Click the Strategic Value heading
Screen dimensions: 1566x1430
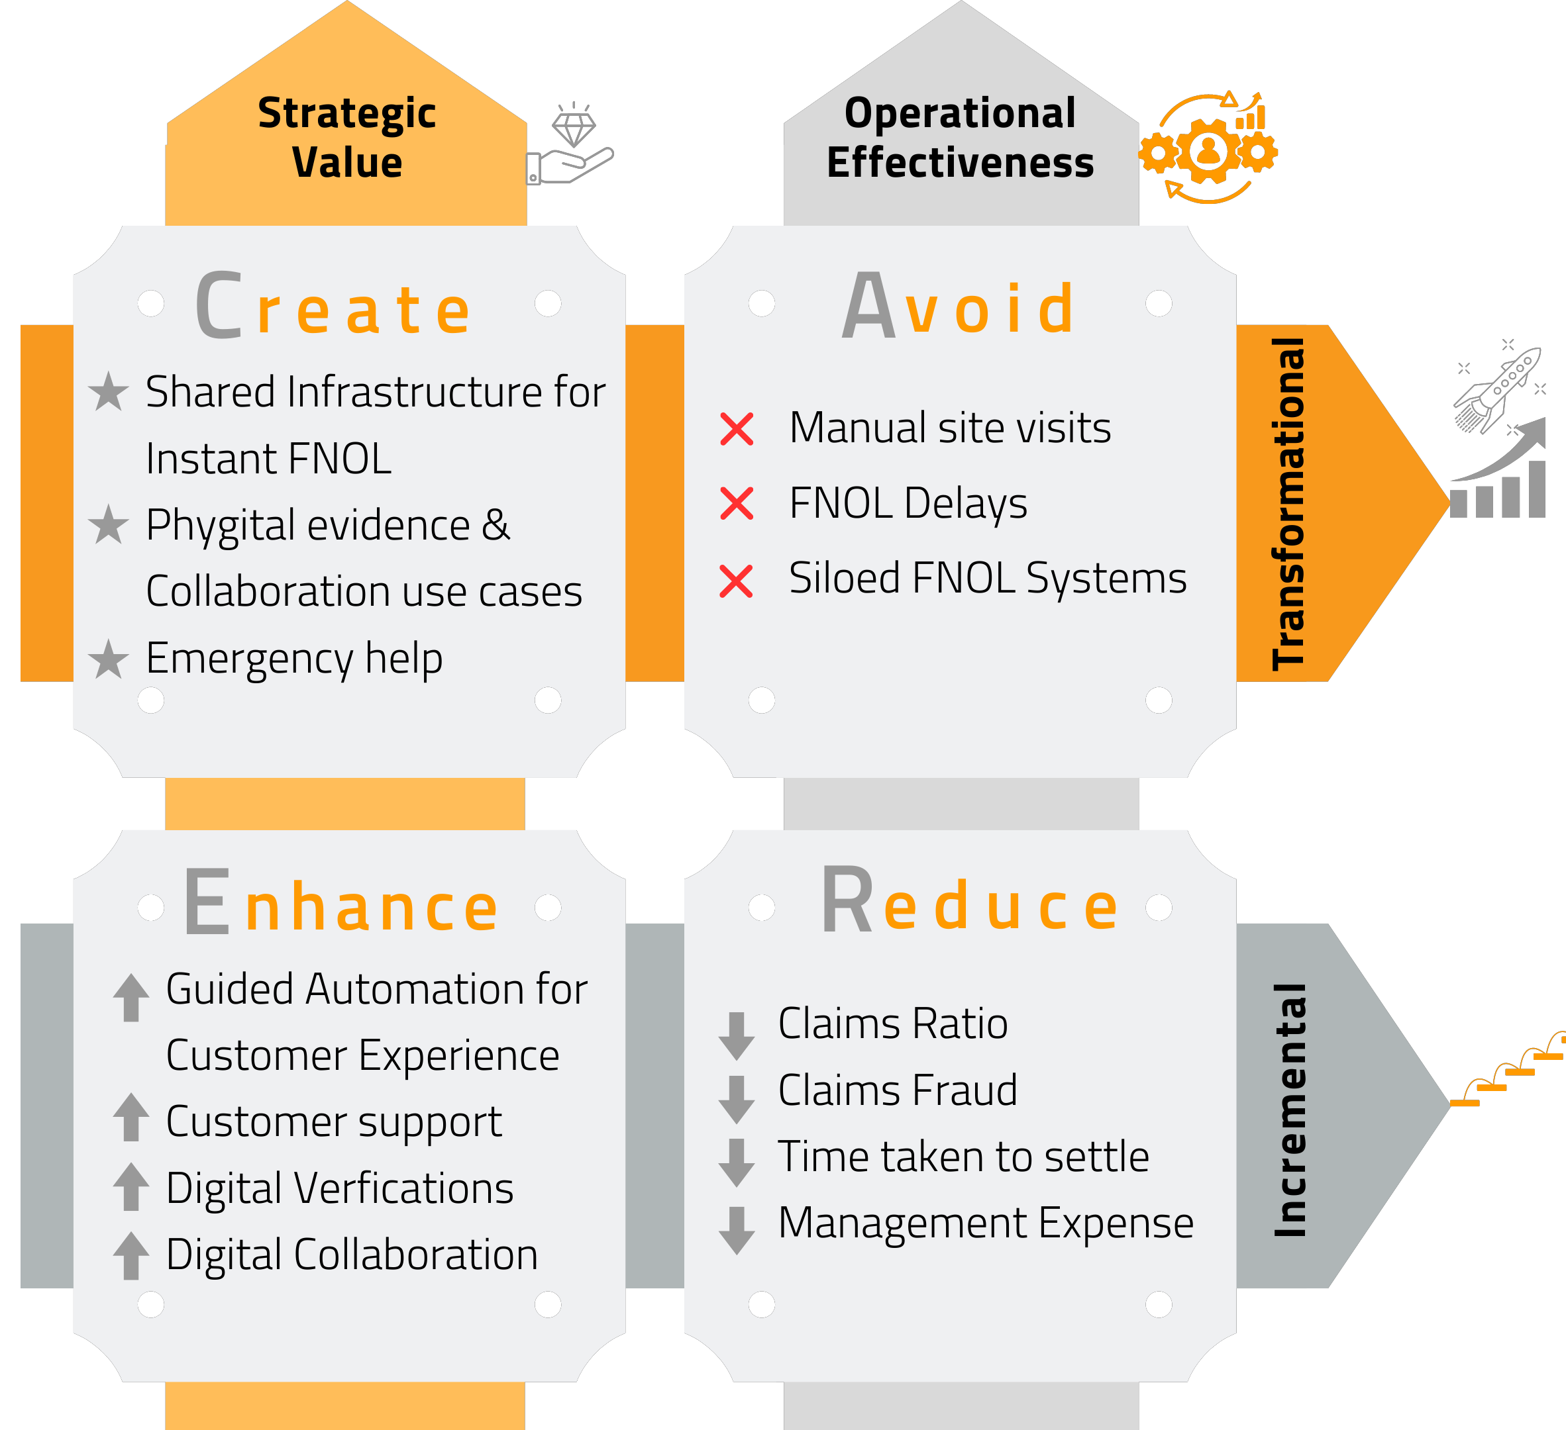click(346, 138)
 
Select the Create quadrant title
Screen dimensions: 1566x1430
click(333, 306)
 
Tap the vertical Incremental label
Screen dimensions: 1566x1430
click(1290, 1110)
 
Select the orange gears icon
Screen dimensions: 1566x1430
click(1208, 148)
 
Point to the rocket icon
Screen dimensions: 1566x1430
click(1498, 388)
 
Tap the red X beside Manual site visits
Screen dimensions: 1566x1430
click(737, 428)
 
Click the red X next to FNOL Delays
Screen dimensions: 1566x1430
click(737, 503)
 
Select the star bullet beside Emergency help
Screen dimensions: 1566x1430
click(109, 659)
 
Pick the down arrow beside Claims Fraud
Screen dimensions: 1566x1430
click(737, 1099)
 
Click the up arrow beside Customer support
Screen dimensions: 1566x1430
click(130, 1116)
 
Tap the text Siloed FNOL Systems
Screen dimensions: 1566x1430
click(987, 579)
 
